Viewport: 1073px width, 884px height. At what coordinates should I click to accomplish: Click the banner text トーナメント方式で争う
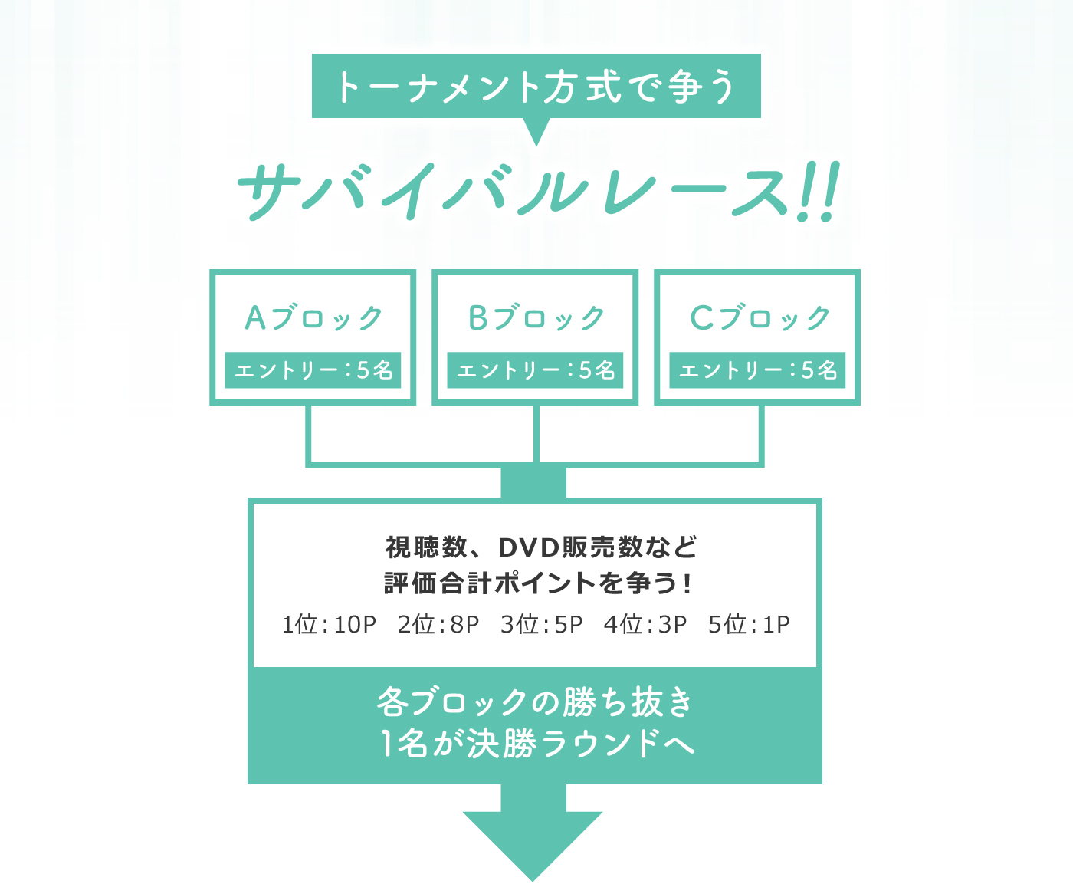coord(536,86)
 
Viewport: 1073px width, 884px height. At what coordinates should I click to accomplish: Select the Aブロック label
coord(313,317)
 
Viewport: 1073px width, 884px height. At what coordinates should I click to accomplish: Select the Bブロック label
coord(536,317)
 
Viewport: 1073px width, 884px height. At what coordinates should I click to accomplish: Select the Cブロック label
coord(759,317)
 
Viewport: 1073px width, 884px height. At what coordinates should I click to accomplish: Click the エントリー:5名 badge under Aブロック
coord(313,370)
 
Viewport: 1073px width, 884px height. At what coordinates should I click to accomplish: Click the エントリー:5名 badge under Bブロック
coord(535,370)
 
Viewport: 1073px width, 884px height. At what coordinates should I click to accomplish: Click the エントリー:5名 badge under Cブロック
coord(757,370)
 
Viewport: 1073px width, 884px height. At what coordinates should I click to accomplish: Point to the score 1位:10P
coord(329,625)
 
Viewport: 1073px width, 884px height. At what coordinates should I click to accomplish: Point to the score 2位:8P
coord(438,625)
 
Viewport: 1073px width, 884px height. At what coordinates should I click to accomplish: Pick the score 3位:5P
coord(541,625)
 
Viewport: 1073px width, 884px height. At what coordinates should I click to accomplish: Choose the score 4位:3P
coord(645,625)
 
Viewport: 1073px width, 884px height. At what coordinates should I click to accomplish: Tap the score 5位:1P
coord(749,625)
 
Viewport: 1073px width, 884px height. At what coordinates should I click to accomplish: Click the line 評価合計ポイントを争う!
coord(536,583)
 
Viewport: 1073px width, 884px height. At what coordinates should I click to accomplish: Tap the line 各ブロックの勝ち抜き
coord(535,702)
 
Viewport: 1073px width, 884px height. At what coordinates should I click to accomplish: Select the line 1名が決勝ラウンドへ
coord(536,743)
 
